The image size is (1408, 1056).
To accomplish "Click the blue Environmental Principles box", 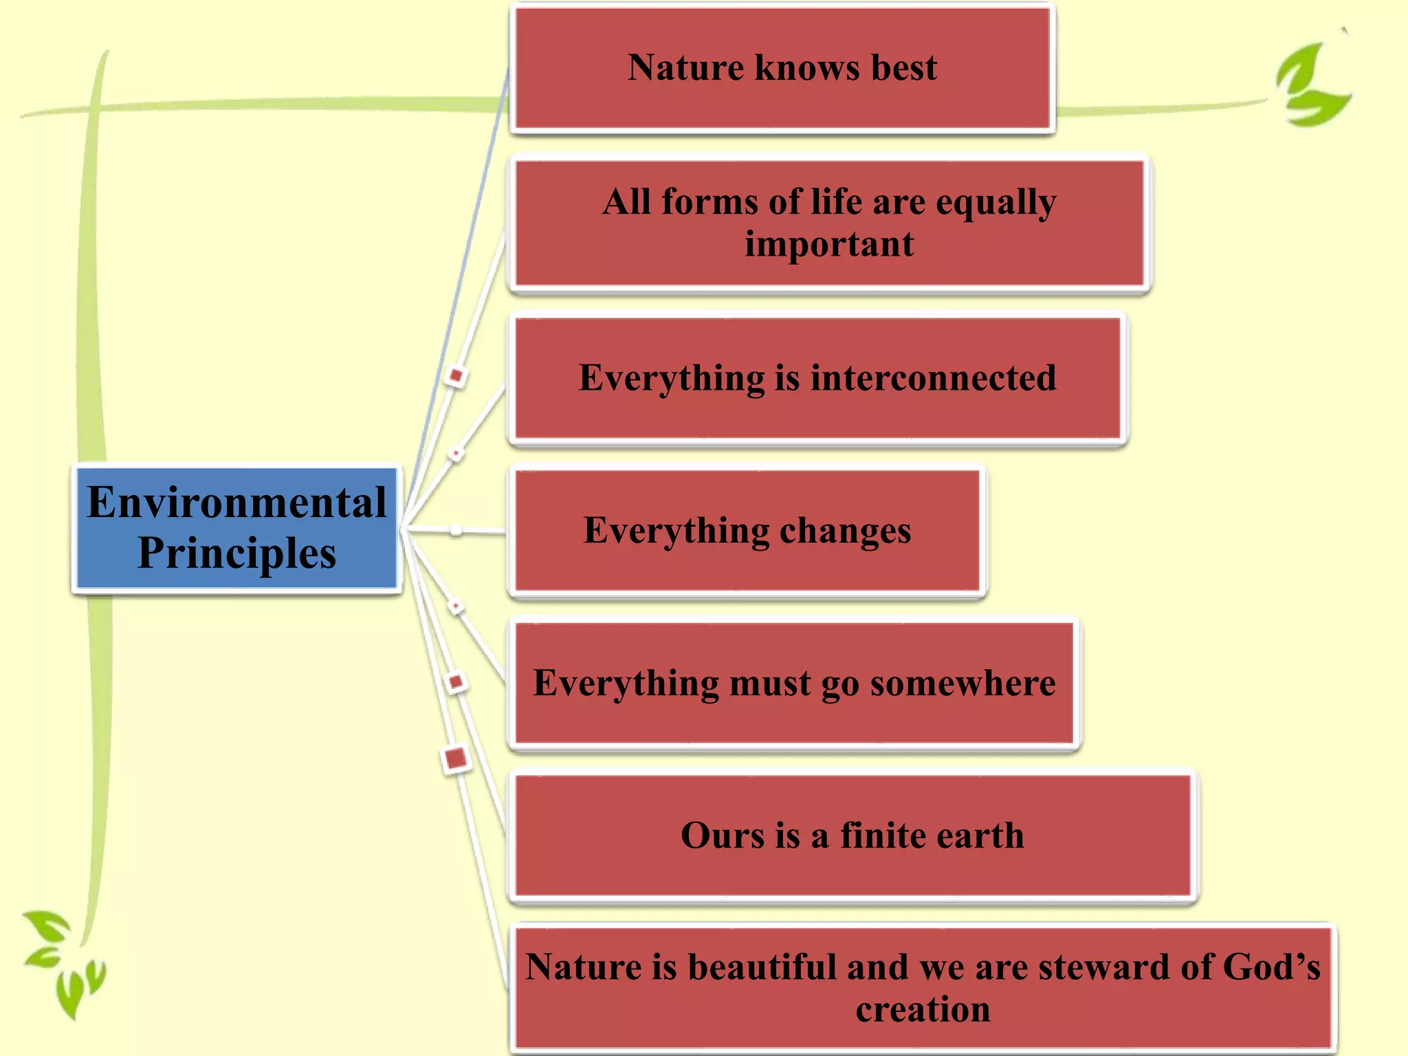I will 236,528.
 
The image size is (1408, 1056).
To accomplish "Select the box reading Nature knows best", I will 782,67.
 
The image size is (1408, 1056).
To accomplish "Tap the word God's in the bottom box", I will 1271,967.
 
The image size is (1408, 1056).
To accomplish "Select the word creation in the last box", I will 923,1009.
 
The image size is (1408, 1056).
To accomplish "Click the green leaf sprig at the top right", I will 1312,86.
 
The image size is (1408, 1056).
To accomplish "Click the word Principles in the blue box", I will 236,553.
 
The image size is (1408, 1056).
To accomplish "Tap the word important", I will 829,245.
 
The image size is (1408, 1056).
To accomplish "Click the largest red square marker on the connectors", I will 456,759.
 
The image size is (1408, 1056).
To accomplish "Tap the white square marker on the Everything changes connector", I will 456,530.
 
